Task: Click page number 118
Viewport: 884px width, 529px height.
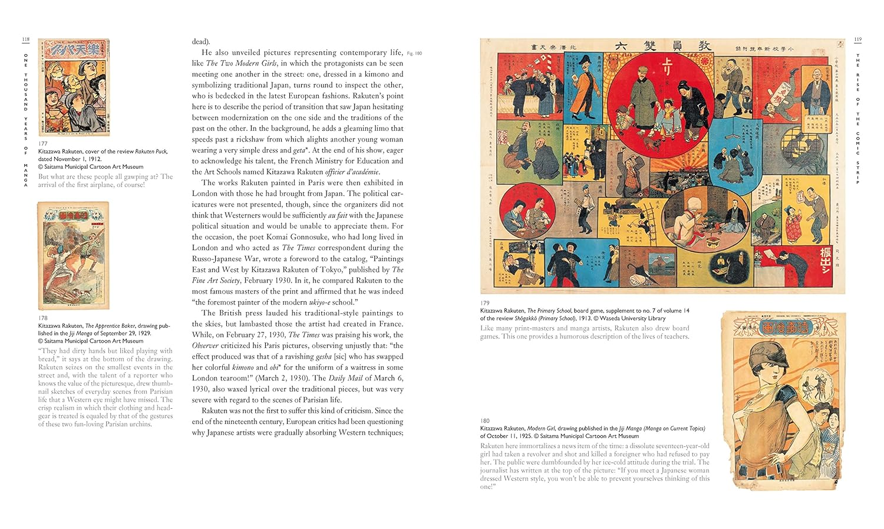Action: click(x=25, y=40)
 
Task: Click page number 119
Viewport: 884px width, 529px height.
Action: click(x=857, y=40)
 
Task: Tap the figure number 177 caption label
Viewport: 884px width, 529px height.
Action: click(x=42, y=143)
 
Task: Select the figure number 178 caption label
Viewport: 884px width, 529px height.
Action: click(x=42, y=318)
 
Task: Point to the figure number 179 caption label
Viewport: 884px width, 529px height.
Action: click(x=484, y=303)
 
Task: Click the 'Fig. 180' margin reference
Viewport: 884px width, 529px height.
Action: click(x=415, y=53)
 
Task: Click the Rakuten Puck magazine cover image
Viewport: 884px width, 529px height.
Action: click(x=74, y=87)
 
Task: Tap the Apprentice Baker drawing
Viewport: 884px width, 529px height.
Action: click(x=74, y=255)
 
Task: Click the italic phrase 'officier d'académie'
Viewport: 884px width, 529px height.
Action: click(x=352, y=172)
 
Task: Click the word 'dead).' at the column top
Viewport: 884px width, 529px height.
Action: click(x=201, y=41)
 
